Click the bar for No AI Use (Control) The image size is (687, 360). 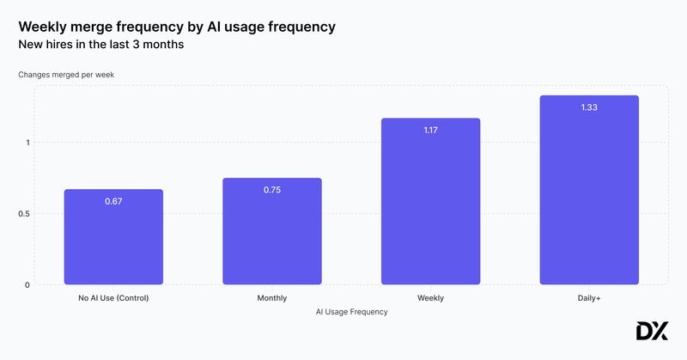pos(113,241)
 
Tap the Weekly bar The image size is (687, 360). pos(430,206)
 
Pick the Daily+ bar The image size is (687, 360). pos(589,193)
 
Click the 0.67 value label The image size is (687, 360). pos(113,201)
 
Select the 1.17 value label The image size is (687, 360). pos(430,130)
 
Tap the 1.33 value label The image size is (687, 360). pos(589,107)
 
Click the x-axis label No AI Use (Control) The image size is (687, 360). pos(113,298)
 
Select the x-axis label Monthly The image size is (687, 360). pos(271,298)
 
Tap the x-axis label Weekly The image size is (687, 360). pos(430,298)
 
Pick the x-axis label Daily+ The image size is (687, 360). pos(589,298)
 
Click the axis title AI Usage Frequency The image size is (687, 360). pos(351,312)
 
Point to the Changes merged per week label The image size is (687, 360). pos(66,75)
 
